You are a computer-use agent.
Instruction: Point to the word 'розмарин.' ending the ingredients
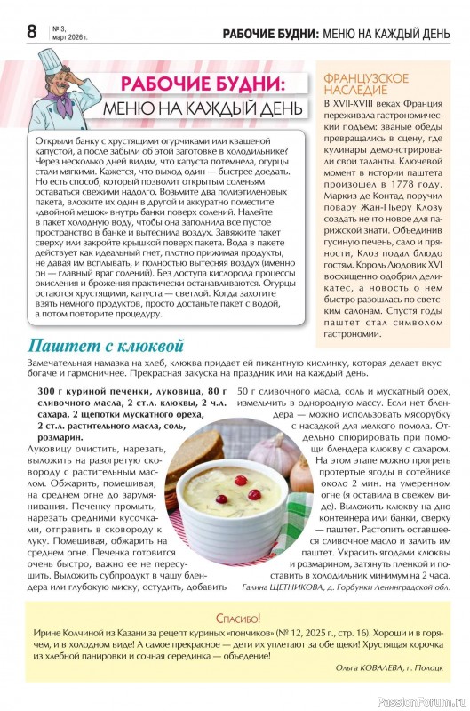coord(60,438)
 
